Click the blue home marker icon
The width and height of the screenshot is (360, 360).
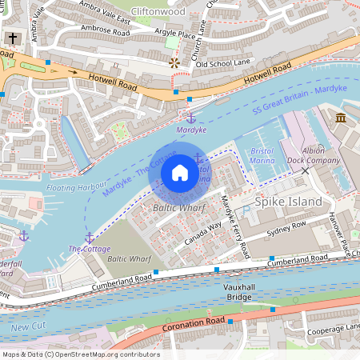tap(180, 173)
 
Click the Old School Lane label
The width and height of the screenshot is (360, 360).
tap(223, 63)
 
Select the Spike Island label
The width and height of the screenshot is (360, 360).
tap(288, 202)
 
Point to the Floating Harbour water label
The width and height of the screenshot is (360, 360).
tap(77, 188)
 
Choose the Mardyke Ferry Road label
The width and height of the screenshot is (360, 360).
tap(234, 226)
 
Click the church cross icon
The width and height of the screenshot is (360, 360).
tap(13, 38)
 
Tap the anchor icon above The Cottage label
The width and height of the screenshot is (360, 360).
tap(90, 236)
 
